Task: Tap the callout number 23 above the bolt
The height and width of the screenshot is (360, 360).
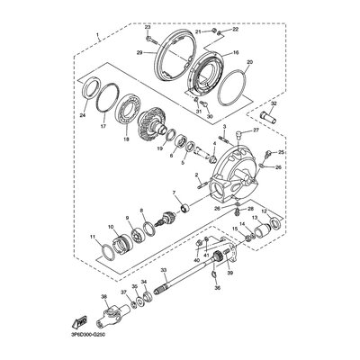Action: (x=147, y=28)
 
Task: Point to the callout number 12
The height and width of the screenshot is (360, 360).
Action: (x=264, y=237)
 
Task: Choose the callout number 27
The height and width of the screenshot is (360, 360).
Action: (x=256, y=130)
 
